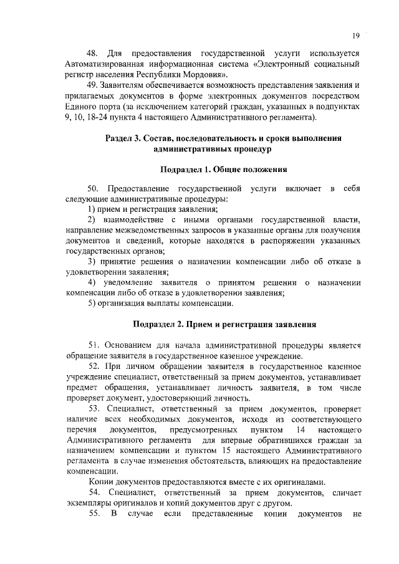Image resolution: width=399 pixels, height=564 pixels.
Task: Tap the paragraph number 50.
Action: tap(94, 188)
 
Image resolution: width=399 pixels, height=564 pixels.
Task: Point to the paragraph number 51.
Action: tap(94, 345)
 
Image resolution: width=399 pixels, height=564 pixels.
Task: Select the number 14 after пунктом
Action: tap(301, 430)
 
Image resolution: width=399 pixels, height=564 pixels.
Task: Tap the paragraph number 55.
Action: tap(94, 515)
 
